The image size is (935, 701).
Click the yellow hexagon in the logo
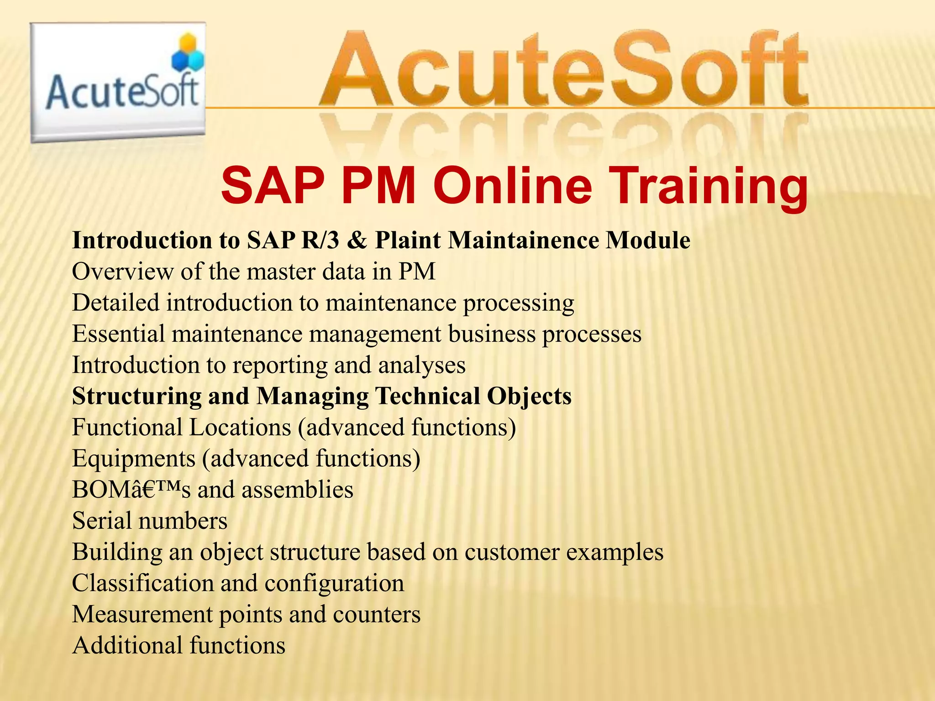188,44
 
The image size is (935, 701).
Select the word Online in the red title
512,186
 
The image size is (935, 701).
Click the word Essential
118,334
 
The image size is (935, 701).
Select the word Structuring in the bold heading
137,396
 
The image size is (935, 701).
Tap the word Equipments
134,459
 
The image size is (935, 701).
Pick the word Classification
142,583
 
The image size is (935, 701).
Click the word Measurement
142,614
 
